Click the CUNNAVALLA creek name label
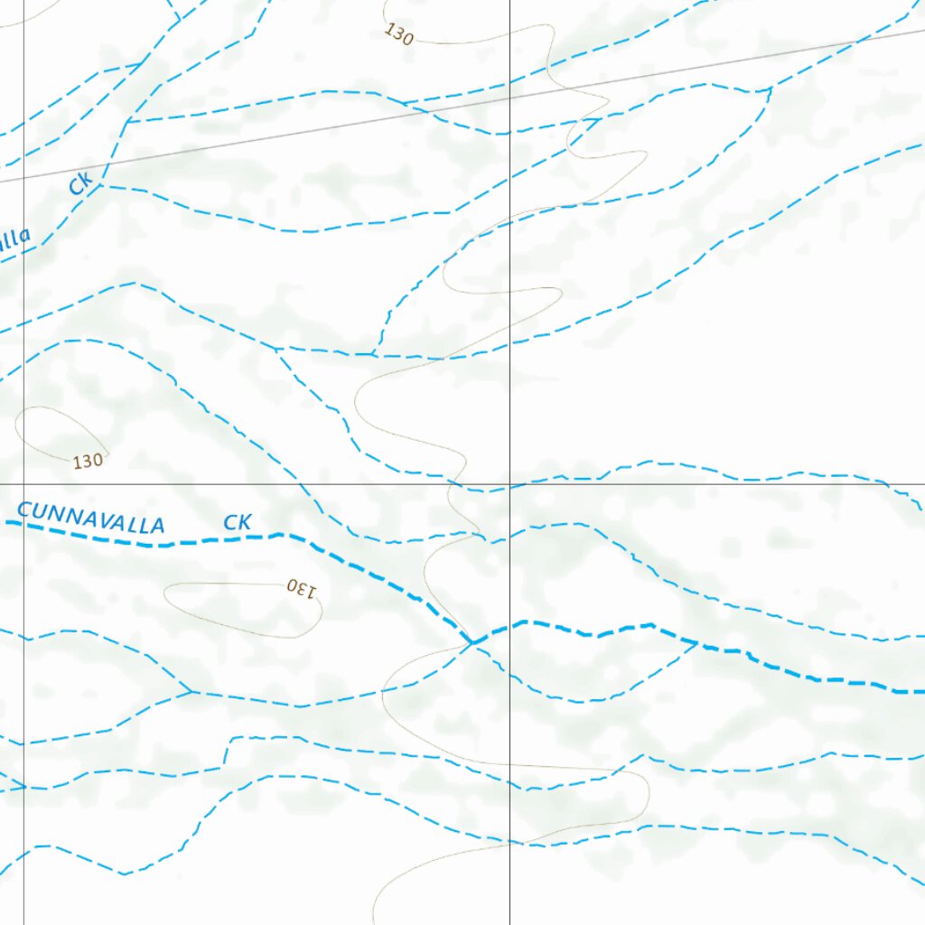[x=91, y=519]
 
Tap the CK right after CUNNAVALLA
[x=237, y=522]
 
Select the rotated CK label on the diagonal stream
[x=80, y=185]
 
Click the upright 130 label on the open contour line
[x=398, y=34]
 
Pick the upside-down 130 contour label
[x=303, y=588]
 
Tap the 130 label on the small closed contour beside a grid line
[x=88, y=461]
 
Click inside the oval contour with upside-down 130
[x=239, y=610]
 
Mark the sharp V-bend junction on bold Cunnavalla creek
[x=472, y=642]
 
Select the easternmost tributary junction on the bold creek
[x=696, y=643]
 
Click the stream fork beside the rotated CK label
[x=98, y=184]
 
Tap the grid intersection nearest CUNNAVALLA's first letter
[x=23, y=483]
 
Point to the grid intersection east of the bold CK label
[x=509, y=483]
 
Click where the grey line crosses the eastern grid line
[x=509, y=98]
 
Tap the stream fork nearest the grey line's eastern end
[x=769, y=89]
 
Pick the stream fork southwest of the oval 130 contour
[x=191, y=692]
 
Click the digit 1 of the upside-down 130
[x=313, y=592]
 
